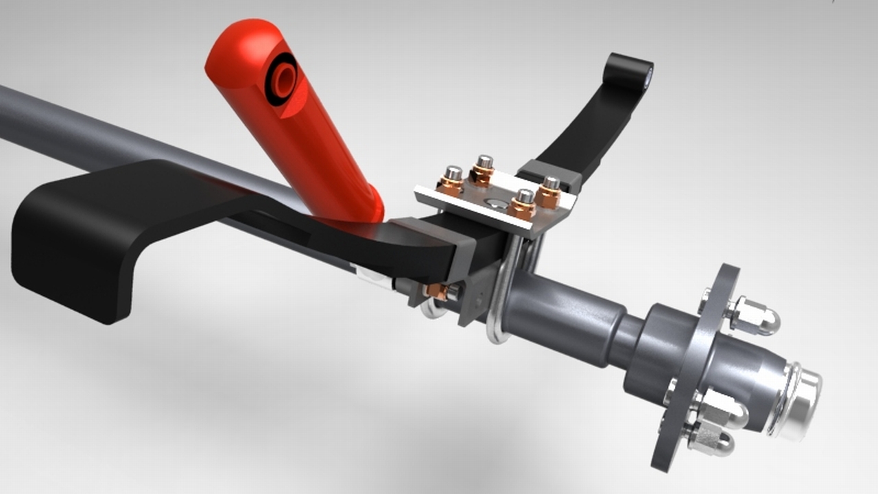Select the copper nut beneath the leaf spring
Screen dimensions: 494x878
point(436,292)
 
